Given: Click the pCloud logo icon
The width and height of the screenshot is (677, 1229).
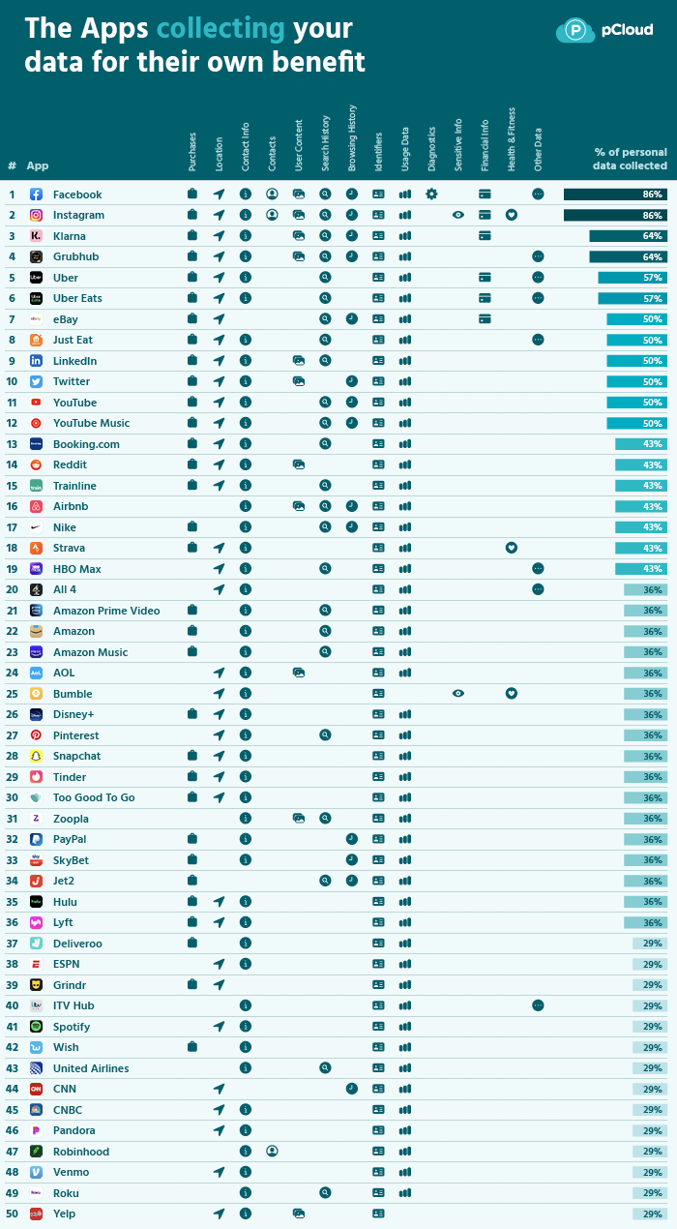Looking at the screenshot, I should pyautogui.click(x=575, y=31).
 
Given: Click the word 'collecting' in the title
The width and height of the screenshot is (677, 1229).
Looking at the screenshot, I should pyautogui.click(x=221, y=28).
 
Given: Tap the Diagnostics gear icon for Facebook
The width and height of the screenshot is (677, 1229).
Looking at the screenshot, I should pyautogui.click(x=431, y=195).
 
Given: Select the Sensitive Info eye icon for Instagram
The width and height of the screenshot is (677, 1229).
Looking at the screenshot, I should pyautogui.click(x=458, y=215).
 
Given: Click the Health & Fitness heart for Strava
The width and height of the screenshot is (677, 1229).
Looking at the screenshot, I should pyautogui.click(x=512, y=548).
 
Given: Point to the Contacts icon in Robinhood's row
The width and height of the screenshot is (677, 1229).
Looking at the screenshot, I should pyautogui.click(x=273, y=1152).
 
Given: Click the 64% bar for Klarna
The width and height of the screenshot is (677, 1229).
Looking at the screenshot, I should pyautogui.click(x=628, y=236).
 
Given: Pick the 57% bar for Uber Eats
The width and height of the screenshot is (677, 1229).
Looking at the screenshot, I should pyautogui.click(x=632, y=298).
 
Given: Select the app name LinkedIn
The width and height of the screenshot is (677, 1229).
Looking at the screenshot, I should pyautogui.click(x=74, y=361).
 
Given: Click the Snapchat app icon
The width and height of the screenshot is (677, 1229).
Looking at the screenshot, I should pyautogui.click(x=36, y=756).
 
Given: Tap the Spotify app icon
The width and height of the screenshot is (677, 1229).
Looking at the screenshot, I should pyautogui.click(x=36, y=1026).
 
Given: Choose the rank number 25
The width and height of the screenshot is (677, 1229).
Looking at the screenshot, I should pyautogui.click(x=12, y=694).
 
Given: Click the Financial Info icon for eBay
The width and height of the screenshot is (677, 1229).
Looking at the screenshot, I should pyautogui.click(x=485, y=319).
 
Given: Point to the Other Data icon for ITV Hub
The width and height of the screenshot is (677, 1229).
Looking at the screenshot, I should pyautogui.click(x=538, y=1005).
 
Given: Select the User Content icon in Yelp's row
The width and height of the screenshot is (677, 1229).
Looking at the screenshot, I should pyautogui.click(x=299, y=1214).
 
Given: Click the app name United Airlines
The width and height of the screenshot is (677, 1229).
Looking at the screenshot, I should pyautogui.click(x=91, y=1068).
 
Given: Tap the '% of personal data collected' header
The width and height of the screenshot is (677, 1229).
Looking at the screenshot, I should pyautogui.click(x=630, y=159).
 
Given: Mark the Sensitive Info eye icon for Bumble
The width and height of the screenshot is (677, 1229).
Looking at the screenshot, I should pyautogui.click(x=458, y=694).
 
